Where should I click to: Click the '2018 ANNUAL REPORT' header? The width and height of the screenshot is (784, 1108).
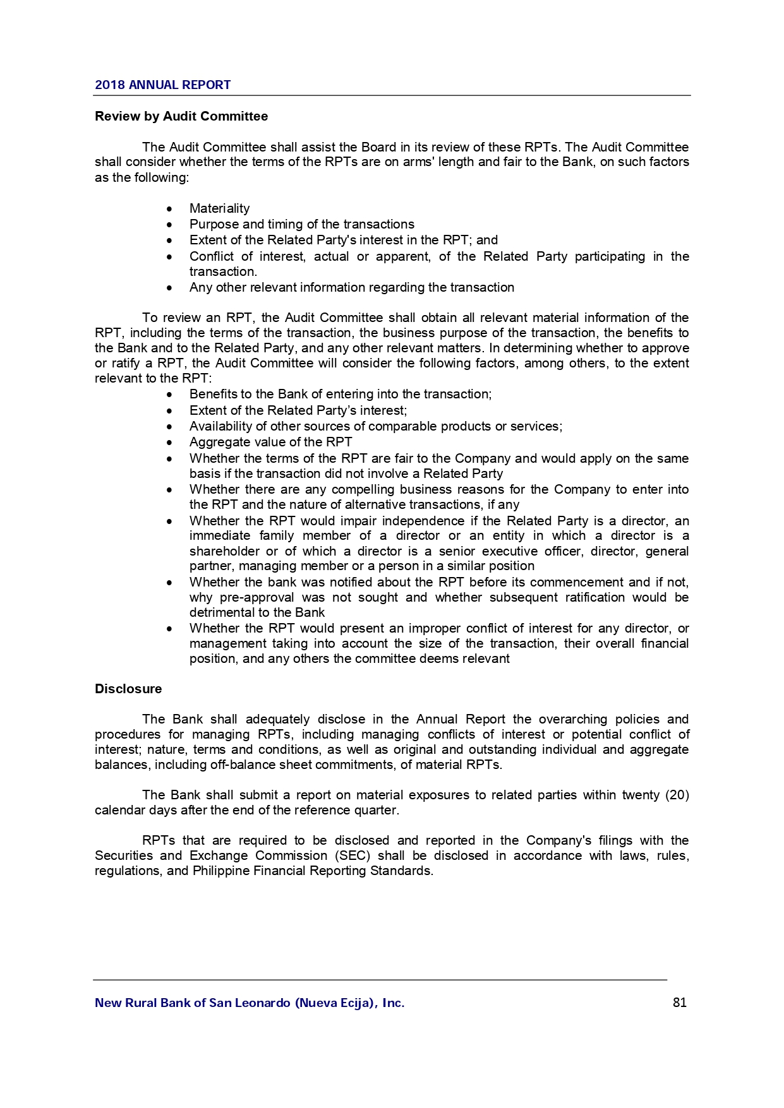click(162, 85)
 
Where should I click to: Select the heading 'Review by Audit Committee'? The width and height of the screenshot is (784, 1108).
click(181, 116)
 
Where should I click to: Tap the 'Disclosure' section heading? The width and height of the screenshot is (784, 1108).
click(128, 689)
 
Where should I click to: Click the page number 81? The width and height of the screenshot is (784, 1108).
click(680, 1003)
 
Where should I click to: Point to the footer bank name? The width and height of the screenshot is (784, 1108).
click(250, 1003)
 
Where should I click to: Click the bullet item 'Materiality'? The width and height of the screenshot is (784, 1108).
click(219, 208)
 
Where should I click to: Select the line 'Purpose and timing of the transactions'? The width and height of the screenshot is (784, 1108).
click(301, 224)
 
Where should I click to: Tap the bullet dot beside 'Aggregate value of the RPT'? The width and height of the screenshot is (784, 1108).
click(169, 443)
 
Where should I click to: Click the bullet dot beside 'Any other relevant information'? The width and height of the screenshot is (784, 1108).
click(169, 288)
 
